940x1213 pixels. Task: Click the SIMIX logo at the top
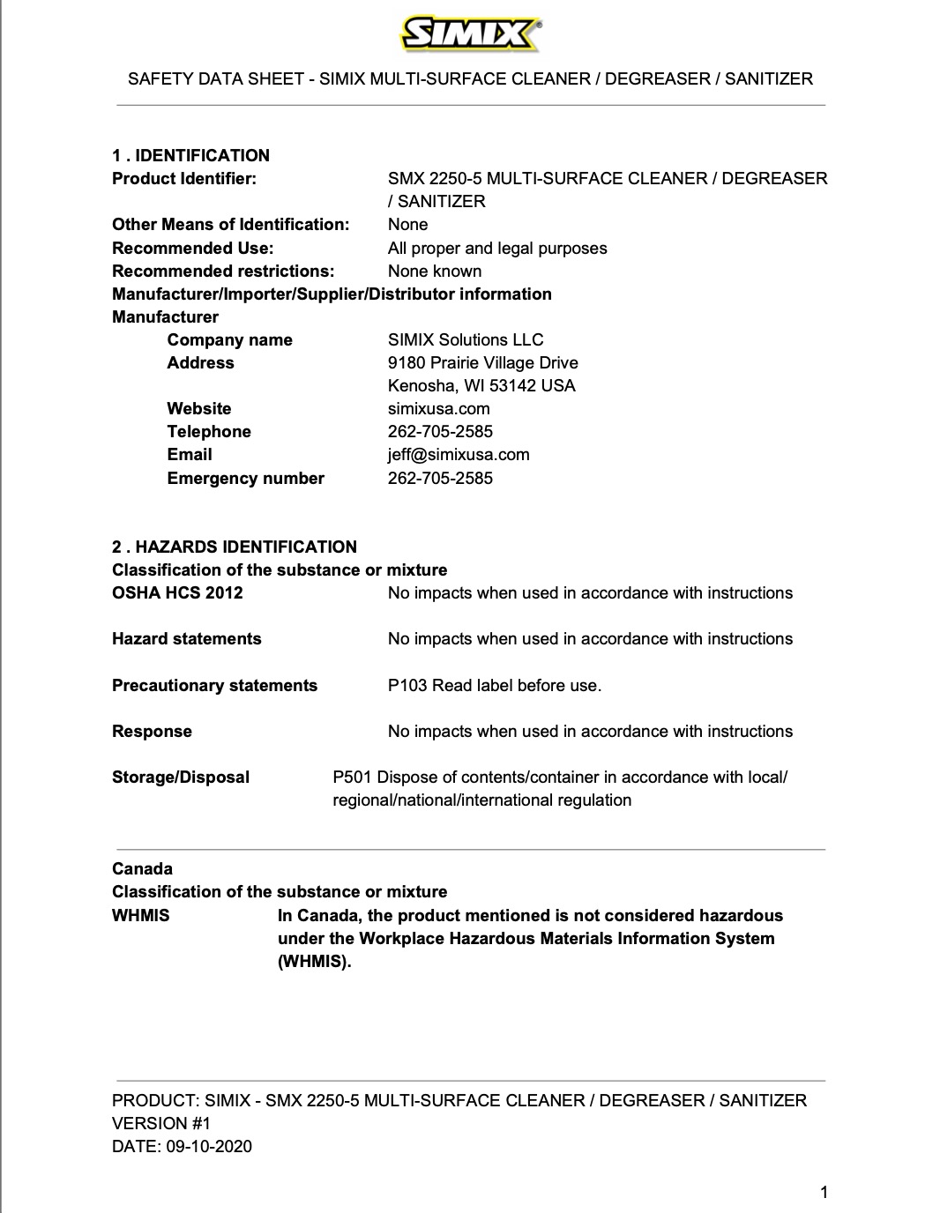(x=471, y=35)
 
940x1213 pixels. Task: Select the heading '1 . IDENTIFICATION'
(x=190, y=156)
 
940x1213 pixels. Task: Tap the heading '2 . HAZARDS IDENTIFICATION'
(x=235, y=547)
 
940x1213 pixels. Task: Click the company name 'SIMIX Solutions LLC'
(x=466, y=340)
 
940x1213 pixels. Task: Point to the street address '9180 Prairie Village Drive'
(x=483, y=363)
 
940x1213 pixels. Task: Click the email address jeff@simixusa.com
(x=459, y=455)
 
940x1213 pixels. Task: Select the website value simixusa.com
(x=439, y=409)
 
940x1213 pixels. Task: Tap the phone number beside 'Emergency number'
(x=440, y=479)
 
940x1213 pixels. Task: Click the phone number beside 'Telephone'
(x=440, y=432)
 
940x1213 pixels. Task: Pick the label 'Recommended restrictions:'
(x=223, y=272)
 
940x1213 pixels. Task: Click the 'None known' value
(x=435, y=272)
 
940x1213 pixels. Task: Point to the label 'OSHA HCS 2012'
(x=177, y=593)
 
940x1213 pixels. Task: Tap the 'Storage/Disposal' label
(x=181, y=778)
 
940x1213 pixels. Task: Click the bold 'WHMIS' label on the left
(x=141, y=916)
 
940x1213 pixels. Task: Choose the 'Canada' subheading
(x=142, y=869)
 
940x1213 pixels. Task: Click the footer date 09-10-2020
(x=208, y=1147)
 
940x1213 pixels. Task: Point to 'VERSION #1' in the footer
(x=161, y=1124)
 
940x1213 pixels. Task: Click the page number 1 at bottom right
(x=824, y=1194)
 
